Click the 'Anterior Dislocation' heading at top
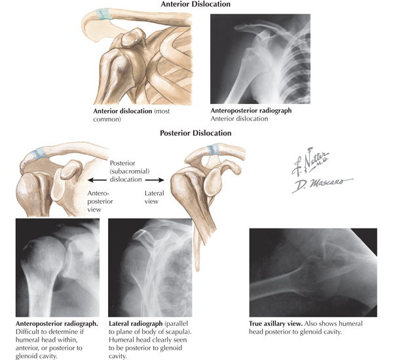coord(196,5)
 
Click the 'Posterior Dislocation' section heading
coord(196,133)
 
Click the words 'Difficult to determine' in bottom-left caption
coord(35,332)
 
